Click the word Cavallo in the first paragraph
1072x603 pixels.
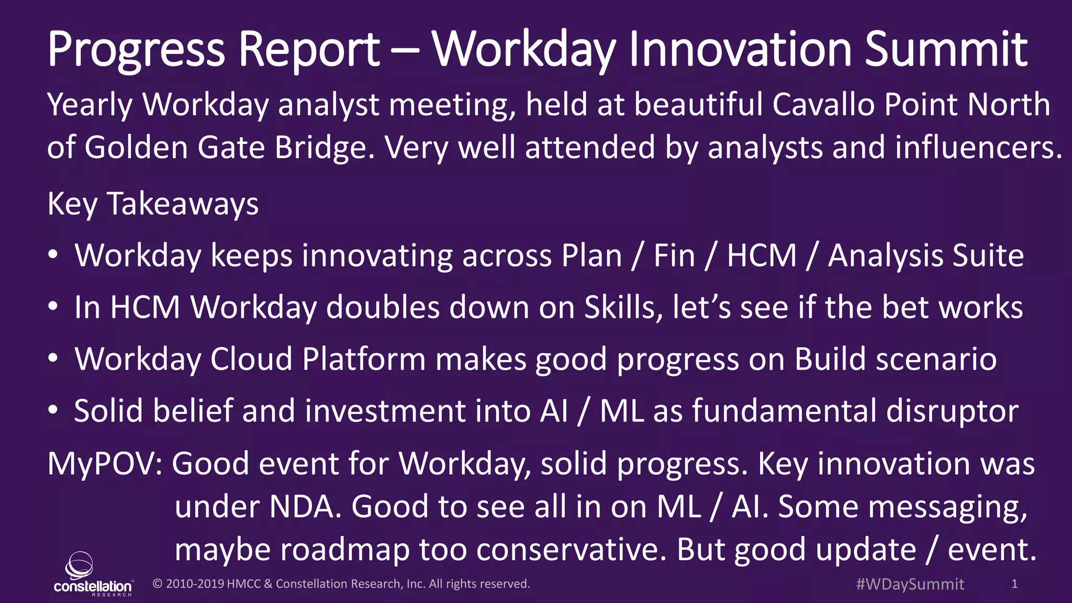tap(823, 105)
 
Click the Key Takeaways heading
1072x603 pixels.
tap(153, 204)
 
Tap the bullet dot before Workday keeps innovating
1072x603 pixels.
tap(52, 255)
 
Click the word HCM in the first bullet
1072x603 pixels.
tap(762, 256)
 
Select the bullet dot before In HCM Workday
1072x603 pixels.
tap(52, 307)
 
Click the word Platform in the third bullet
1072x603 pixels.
tap(364, 360)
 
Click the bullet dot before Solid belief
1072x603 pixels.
tap(52, 411)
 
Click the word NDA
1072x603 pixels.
tap(305, 507)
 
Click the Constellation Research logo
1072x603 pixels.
tap(92, 574)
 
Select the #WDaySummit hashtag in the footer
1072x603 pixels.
tap(910, 584)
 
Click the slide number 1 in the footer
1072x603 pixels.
tap(1014, 584)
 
